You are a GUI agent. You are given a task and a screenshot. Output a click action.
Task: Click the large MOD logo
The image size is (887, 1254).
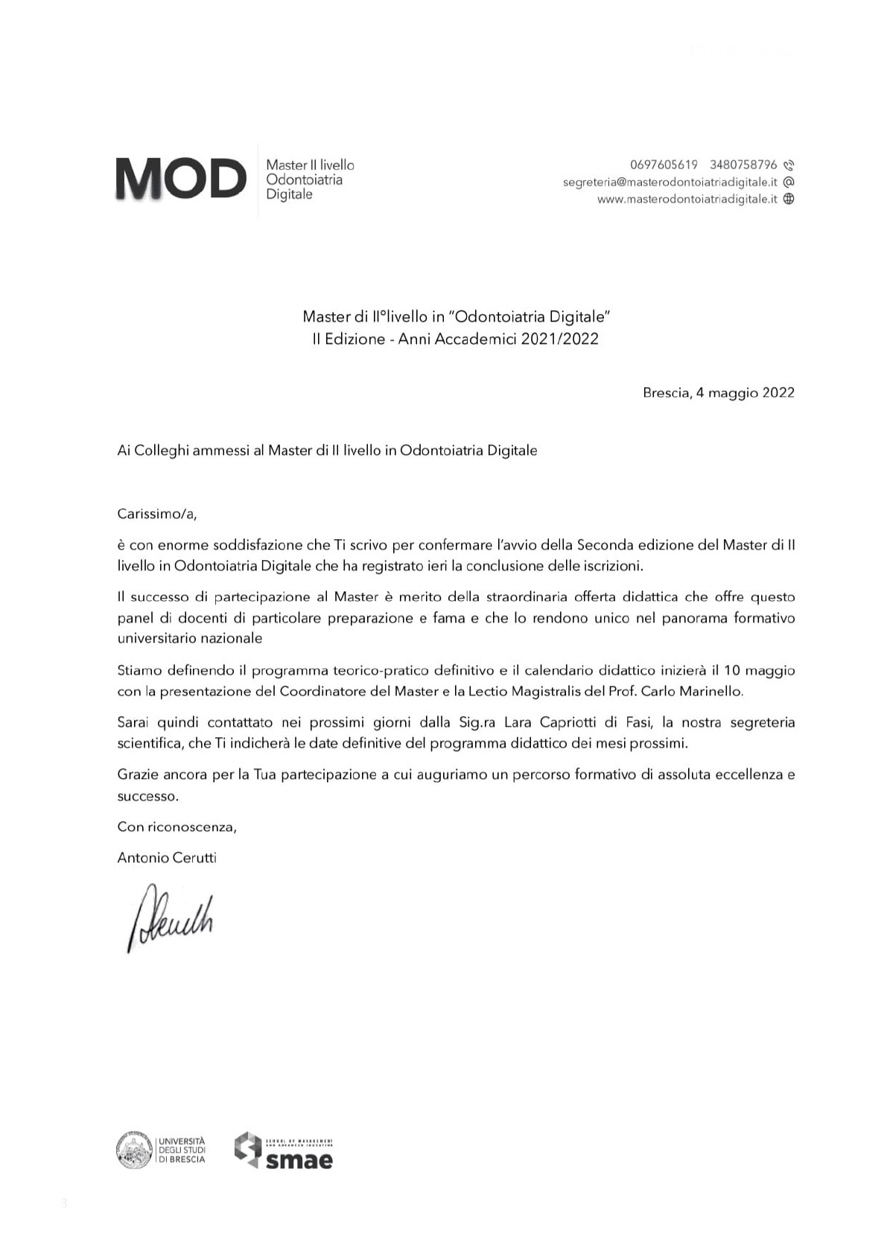point(180,179)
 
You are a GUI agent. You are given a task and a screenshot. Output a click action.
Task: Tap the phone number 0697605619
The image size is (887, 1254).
point(664,165)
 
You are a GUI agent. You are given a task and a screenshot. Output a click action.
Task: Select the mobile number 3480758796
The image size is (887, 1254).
point(743,165)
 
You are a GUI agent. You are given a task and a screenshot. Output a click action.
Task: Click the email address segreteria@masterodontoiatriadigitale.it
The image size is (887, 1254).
point(670,182)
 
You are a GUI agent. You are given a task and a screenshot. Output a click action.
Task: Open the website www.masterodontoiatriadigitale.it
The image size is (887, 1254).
point(687,199)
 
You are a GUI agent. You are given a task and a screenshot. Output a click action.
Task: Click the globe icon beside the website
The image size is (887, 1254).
point(789,199)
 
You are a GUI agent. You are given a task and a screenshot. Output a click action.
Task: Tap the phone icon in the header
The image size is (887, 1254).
point(789,165)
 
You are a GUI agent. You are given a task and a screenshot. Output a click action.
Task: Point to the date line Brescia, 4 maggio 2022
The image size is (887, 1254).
point(718,392)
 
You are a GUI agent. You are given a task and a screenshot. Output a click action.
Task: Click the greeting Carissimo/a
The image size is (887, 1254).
point(157,514)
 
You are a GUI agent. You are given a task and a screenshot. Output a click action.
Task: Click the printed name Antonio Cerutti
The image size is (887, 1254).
point(167,858)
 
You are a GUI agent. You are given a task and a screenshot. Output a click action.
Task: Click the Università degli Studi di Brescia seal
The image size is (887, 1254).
point(134,1150)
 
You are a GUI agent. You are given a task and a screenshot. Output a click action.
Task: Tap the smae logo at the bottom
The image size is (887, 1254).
point(284,1150)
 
